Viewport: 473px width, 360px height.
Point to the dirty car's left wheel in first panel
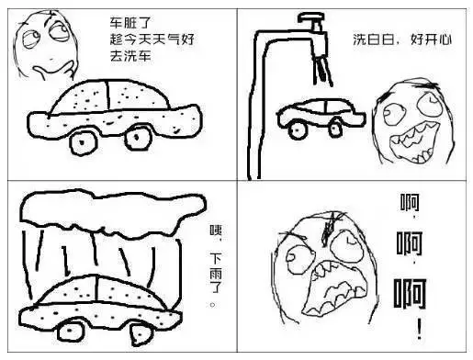click(x=84, y=141)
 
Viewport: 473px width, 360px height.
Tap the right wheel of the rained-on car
click(x=166, y=328)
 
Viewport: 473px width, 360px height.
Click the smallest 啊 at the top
click(x=411, y=204)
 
